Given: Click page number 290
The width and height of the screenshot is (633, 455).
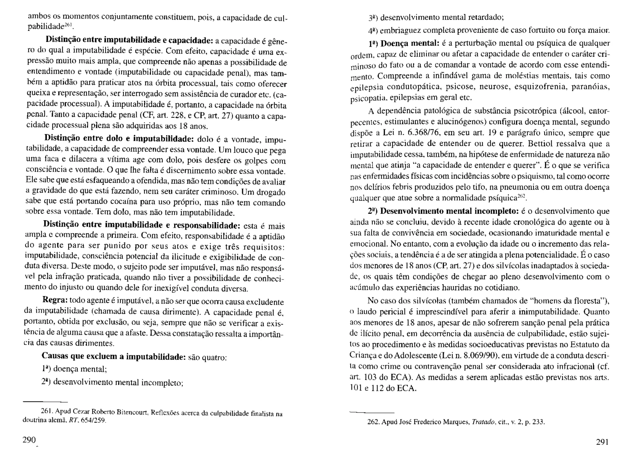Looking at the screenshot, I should pyautogui.click(x=29, y=440).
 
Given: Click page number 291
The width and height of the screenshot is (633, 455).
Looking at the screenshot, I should pyautogui.click(x=602, y=442).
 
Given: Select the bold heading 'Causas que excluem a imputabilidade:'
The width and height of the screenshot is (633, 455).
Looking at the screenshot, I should pyautogui.click(x=113, y=356).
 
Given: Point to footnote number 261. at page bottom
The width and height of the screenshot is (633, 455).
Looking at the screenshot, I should pyautogui.click(x=47, y=412).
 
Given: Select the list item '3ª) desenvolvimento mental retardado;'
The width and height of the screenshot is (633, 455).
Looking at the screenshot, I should pyautogui.click(x=436, y=17).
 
